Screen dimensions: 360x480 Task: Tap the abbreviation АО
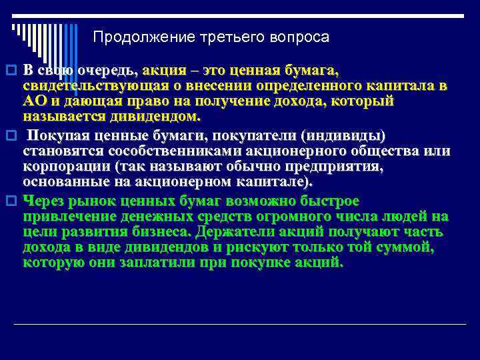35,101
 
